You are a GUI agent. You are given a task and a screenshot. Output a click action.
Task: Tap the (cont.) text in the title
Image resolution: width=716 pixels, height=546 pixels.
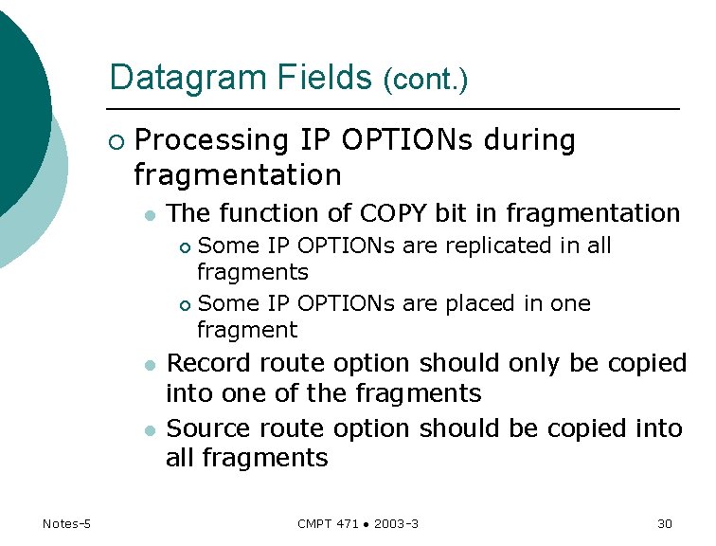425,80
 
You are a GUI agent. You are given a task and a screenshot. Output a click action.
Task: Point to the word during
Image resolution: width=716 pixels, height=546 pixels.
528,140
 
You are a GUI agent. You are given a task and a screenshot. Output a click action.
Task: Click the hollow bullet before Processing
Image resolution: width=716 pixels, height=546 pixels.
116,142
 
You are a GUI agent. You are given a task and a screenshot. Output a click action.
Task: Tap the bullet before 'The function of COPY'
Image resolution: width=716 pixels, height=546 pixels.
149,215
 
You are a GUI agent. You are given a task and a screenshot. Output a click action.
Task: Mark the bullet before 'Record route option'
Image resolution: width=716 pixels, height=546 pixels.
149,365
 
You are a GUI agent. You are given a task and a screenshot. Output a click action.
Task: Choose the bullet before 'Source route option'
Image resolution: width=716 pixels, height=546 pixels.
149,430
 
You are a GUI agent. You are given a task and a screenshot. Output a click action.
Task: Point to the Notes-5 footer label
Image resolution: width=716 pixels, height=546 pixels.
66,524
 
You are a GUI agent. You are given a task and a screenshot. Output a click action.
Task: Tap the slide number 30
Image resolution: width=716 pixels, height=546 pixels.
664,524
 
